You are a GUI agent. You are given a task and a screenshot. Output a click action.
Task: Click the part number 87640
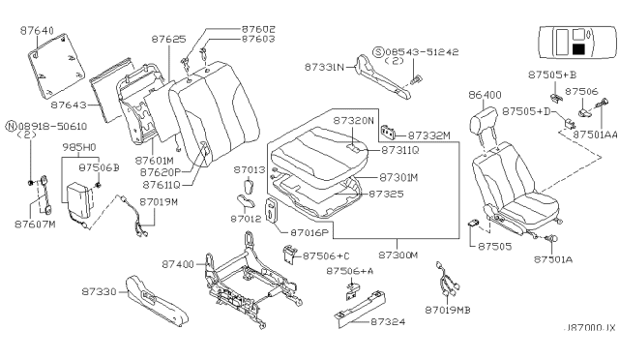click(39, 30)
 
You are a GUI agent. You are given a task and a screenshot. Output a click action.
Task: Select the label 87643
click(71, 104)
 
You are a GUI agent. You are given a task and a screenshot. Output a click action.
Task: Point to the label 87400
click(179, 263)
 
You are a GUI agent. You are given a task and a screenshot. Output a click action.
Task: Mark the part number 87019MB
click(450, 310)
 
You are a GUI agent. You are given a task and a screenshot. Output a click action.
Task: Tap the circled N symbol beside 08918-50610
click(11, 125)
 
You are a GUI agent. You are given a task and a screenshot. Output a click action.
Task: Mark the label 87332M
click(428, 136)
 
